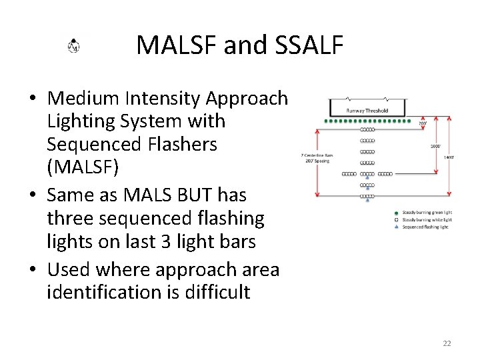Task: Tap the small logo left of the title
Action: (x=74, y=46)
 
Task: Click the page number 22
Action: (x=447, y=343)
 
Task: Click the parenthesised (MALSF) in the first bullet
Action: (x=83, y=167)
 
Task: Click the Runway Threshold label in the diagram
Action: (x=367, y=111)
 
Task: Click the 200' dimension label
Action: (x=423, y=123)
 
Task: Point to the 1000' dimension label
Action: (x=435, y=145)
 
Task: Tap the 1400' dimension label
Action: (x=451, y=157)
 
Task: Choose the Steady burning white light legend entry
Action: (x=427, y=219)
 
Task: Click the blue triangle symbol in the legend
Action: (x=396, y=227)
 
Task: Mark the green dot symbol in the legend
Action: (x=396, y=213)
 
